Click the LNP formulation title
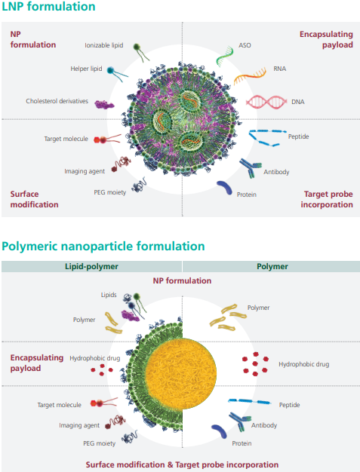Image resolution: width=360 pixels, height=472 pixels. click(48, 6)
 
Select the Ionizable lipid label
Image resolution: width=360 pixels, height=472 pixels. click(104, 45)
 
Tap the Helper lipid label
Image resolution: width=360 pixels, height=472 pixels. click(86, 69)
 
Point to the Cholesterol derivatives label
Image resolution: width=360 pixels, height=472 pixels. click(57, 101)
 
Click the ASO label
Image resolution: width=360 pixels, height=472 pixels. click(245, 45)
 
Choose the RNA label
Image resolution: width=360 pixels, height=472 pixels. click(279, 69)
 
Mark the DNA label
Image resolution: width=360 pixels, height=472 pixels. click(297, 102)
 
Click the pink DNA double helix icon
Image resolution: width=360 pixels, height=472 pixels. click(266, 102)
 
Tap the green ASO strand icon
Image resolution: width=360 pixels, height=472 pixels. click(225, 56)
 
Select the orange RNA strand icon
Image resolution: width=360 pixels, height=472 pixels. click(250, 75)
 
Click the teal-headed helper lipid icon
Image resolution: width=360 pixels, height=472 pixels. click(117, 74)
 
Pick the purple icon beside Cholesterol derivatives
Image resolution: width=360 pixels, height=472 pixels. click(104, 105)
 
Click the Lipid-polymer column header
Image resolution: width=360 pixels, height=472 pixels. click(91, 266)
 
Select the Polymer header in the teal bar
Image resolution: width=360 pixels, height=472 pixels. click(272, 266)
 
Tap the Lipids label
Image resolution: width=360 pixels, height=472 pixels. click(109, 295)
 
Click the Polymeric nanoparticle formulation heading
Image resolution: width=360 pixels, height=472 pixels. click(103, 246)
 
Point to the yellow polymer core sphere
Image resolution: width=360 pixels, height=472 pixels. click(181, 372)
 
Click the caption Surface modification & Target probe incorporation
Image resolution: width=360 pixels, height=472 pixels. click(182, 464)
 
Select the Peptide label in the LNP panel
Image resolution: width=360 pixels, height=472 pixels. click(298, 136)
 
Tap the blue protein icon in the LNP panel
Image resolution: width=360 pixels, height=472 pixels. click(225, 187)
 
